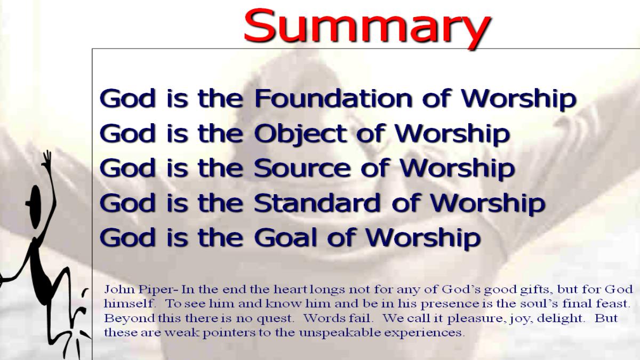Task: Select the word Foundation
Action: pyautogui.click(x=333, y=99)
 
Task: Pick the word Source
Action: pyautogui.click(x=302, y=169)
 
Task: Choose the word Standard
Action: pyautogui.click(x=318, y=203)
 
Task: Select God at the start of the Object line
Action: pyautogui.click(x=127, y=134)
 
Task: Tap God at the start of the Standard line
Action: pyautogui.click(x=127, y=203)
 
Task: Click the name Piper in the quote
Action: pyautogui.click(x=156, y=290)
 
